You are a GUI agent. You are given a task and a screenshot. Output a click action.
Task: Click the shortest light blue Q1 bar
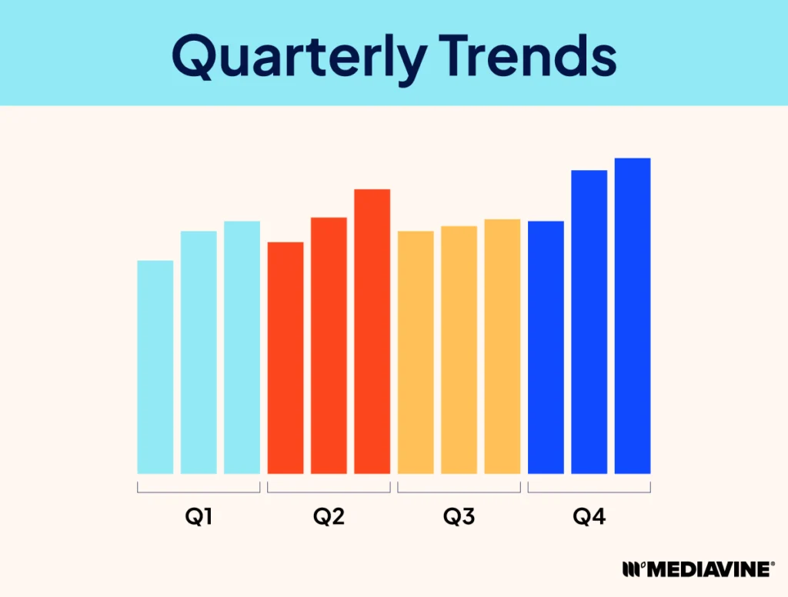coord(155,367)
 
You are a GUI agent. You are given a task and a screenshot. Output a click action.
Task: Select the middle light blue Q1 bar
coord(199,352)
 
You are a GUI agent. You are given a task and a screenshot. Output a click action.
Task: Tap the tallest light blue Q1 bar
coord(242,347)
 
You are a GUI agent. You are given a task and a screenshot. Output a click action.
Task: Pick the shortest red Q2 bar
coord(285,358)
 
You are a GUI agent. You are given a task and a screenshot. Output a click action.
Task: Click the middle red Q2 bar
coord(329,345)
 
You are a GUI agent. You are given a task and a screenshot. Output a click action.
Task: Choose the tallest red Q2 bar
coord(372,332)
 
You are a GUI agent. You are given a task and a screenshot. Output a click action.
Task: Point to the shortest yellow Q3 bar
coord(416,352)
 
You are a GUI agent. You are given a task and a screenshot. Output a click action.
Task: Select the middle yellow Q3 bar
coord(459,350)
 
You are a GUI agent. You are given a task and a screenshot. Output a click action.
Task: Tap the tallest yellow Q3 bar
coord(502,346)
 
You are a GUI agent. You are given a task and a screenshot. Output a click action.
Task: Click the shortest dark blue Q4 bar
coord(546,347)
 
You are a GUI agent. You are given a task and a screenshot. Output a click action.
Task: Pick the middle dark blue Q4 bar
coord(589,322)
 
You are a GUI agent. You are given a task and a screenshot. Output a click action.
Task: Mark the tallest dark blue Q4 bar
coord(633,316)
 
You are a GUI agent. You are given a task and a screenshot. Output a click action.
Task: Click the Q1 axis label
coord(199,516)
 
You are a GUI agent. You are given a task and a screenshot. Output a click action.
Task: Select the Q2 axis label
coord(329,516)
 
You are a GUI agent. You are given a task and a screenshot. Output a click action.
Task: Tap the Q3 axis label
coord(459,516)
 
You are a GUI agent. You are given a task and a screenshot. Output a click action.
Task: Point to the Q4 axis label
coord(589,516)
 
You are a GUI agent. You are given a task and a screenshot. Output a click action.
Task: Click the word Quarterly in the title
coord(299,57)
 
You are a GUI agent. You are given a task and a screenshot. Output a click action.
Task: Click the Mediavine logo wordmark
coord(710,569)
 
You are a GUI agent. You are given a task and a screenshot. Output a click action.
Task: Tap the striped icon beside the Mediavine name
coord(633,569)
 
